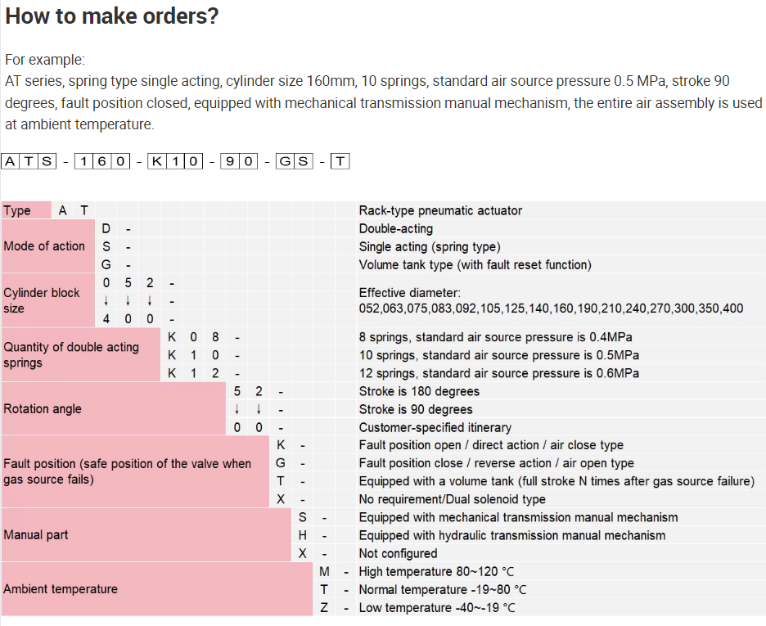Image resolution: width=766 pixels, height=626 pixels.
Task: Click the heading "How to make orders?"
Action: (x=112, y=16)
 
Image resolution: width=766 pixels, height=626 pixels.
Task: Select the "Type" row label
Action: (x=17, y=210)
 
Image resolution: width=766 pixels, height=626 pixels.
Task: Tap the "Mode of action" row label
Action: (x=44, y=245)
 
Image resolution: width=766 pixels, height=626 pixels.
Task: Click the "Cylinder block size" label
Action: (x=42, y=300)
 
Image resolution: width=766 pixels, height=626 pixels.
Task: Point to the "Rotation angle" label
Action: (x=43, y=408)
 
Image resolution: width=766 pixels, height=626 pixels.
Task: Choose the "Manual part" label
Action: (x=36, y=534)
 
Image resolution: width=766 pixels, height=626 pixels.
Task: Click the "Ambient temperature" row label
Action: (x=61, y=588)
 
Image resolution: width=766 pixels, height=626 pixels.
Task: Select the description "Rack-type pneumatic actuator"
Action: (x=440, y=210)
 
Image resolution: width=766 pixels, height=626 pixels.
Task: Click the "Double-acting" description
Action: (x=396, y=228)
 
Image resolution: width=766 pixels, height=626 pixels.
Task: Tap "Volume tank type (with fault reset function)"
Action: (x=475, y=264)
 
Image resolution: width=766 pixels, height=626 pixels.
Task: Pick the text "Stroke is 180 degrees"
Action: (x=419, y=391)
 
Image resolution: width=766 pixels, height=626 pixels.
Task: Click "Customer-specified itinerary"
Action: (x=435, y=427)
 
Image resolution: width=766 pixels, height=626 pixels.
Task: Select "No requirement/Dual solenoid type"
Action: (x=453, y=499)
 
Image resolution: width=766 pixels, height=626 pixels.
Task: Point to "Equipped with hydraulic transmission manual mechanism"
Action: (x=512, y=535)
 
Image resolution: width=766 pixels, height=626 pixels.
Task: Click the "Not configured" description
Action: (x=398, y=553)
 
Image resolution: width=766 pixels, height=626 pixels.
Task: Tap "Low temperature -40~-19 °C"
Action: (x=437, y=607)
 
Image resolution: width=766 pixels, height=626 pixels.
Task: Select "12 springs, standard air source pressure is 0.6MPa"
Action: (x=499, y=373)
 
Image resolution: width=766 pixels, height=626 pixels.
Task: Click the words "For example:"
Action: (x=45, y=60)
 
